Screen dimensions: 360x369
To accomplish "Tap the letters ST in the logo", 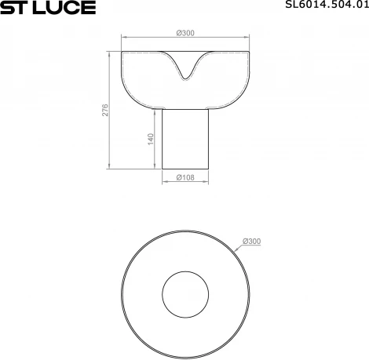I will coord(16,8).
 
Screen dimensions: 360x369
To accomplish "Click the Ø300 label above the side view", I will coord(186,33).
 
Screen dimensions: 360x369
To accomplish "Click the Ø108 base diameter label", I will coord(185,177).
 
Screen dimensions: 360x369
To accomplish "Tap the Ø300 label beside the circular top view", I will coord(252,241).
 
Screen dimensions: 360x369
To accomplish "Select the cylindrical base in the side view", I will coord(186,137).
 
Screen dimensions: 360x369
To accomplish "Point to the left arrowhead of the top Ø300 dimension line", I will coord(126,38).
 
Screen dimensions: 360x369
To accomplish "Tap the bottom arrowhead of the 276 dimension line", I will coord(110,166).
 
